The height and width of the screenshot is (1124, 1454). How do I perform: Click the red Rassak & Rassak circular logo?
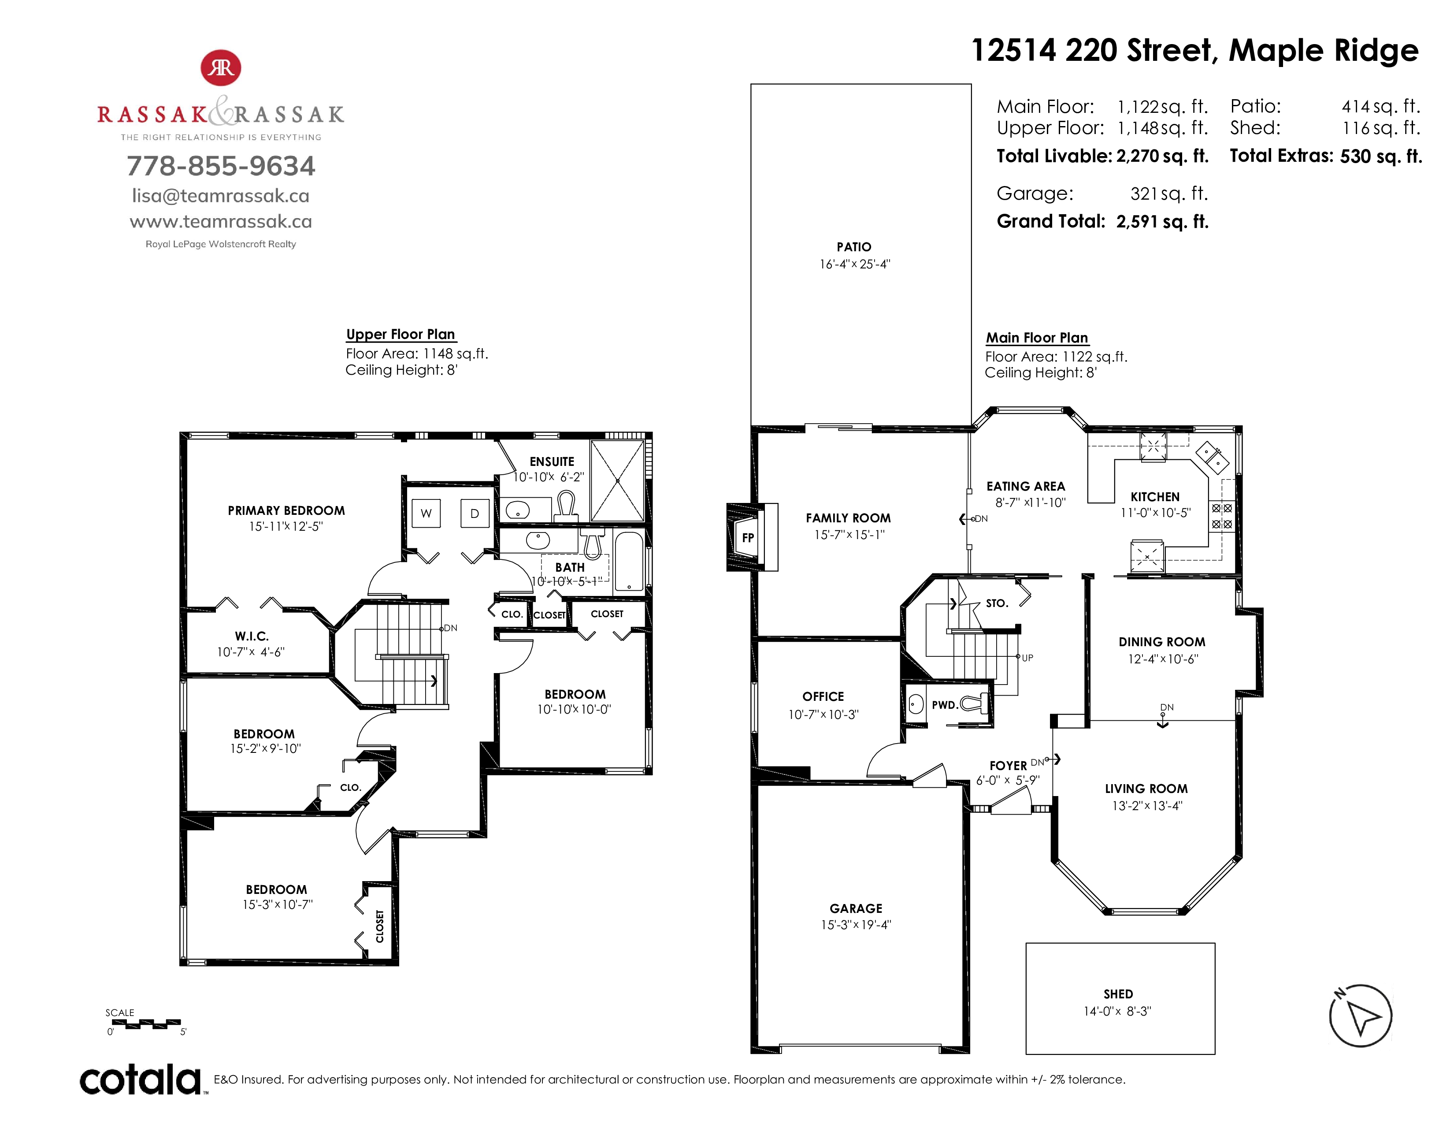221,68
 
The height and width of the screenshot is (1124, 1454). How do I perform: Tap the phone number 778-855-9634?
221,166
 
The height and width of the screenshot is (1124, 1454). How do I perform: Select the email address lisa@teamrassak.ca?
221,196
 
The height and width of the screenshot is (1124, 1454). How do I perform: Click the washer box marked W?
426,514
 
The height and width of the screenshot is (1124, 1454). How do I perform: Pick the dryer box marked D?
475,514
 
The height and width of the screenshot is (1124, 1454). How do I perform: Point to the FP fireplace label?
748,537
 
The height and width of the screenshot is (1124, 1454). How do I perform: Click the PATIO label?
854,247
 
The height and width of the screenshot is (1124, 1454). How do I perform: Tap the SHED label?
1118,994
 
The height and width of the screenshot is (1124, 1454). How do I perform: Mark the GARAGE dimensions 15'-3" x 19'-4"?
856,924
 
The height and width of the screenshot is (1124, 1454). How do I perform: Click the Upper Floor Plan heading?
401,334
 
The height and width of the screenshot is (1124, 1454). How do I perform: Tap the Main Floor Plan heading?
1037,338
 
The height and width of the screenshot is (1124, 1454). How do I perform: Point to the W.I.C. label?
252,636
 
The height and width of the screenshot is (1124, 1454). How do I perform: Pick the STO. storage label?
997,603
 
